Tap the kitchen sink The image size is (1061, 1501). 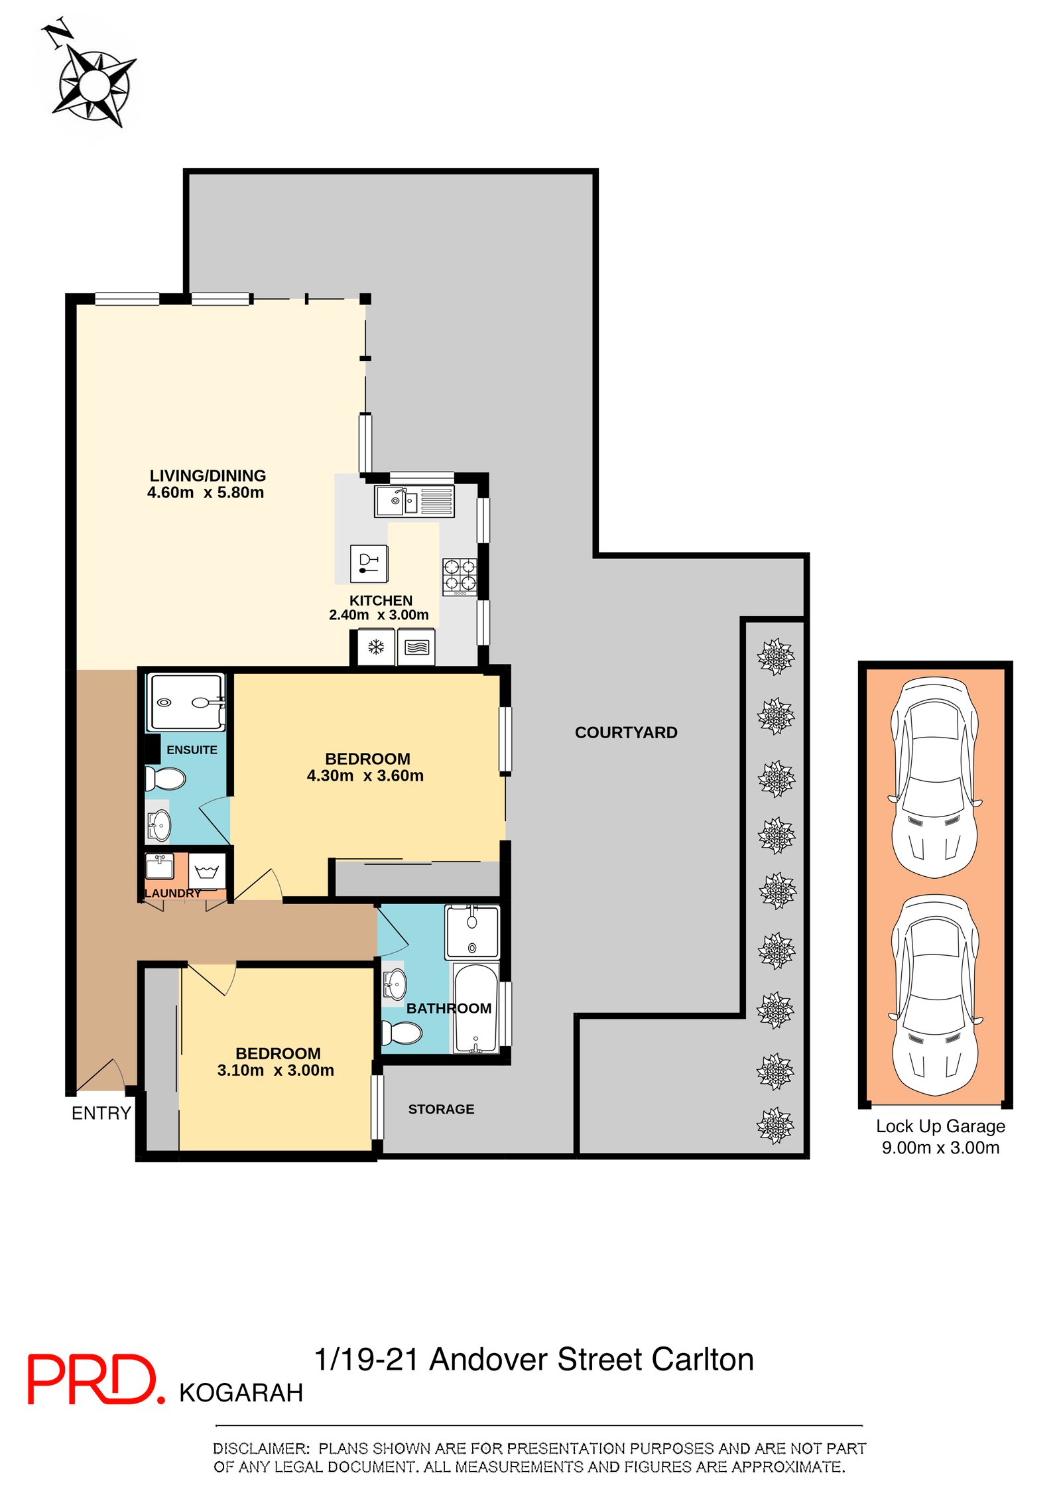coord(414,501)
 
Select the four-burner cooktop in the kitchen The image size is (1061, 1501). coord(460,576)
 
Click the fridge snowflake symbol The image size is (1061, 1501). coord(376,647)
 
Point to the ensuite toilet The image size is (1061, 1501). coord(164,779)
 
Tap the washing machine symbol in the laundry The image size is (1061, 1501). coord(207,871)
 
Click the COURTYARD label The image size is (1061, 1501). coord(626,732)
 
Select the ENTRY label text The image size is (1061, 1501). coord(101,1113)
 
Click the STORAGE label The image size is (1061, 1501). coord(441,1109)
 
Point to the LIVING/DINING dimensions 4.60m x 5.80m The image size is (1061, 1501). coord(206,492)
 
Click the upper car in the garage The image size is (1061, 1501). coord(935,777)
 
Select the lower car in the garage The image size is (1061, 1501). coord(935,995)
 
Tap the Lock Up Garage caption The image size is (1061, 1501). coord(940,1136)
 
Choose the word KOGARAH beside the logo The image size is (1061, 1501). coord(241,1393)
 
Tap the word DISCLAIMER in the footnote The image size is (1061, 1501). coord(261,1449)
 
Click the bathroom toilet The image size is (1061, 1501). coord(402,1033)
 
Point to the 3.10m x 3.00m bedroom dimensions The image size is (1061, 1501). coord(276,1070)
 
